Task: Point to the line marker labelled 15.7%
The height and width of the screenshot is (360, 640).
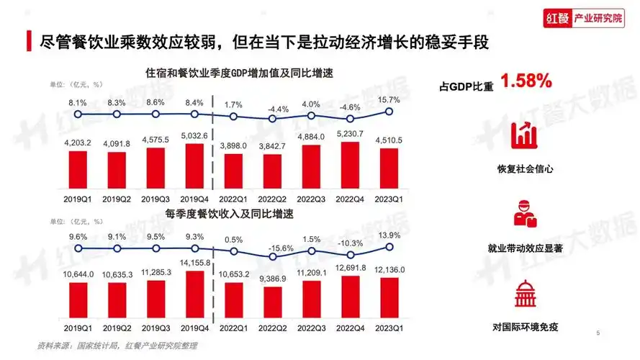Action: tap(389, 111)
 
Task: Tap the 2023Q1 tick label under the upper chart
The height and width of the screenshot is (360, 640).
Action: tap(389, 197)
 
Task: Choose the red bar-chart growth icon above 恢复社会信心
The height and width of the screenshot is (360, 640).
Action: tap(524, 138)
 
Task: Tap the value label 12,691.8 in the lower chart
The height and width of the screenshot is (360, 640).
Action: tap(350, 268)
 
